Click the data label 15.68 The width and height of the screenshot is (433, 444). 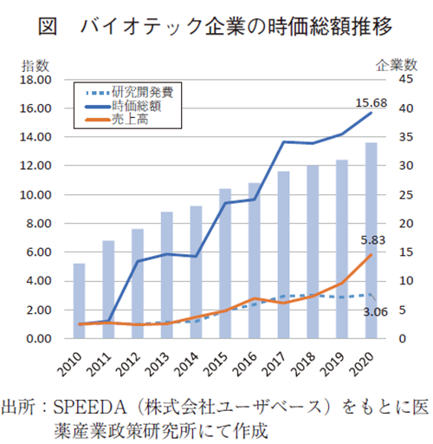(370, 103)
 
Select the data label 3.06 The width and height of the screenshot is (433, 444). (374, 311)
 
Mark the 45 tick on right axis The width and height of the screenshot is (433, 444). (394, 80)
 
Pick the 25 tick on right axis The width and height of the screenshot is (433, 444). (394, 195)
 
